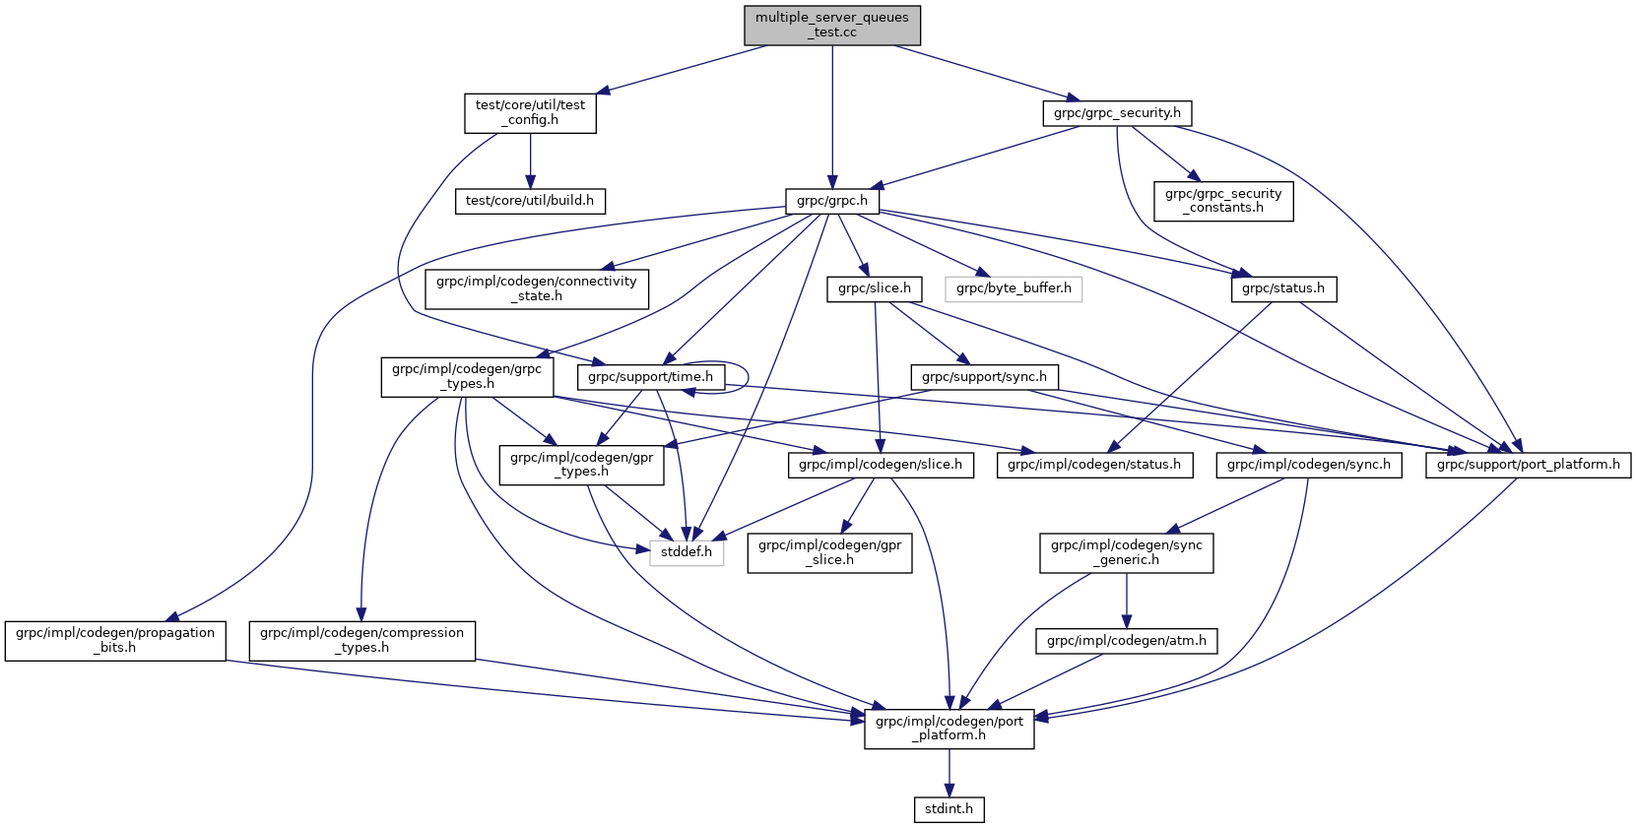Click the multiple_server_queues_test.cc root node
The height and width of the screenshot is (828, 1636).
click(832, 25)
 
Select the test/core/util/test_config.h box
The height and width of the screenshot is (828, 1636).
click(530, 112)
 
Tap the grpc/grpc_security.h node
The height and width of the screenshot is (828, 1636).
click(1117, 113)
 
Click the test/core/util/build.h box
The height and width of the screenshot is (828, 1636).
click(530, 201)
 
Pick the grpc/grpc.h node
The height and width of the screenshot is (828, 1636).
click(832, 201)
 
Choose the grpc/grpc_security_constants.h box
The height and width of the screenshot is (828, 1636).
click(1223, 201)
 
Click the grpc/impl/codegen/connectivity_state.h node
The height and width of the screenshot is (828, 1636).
click(537, 288)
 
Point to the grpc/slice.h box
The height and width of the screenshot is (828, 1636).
click(875, 288)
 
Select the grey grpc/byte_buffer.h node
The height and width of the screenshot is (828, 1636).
click(1014, 288)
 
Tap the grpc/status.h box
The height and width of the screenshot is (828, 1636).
click(1283, 288)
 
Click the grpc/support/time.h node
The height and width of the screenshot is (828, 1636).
click(650, 377)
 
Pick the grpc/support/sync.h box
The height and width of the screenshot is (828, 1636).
click(984, 377)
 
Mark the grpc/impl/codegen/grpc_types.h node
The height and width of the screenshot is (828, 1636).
click(467, 377)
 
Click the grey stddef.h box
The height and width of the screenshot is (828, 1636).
click(687, 552)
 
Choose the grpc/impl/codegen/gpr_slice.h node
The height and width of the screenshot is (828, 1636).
click(829, 552)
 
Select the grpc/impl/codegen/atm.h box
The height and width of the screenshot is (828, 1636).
click(1127, 641)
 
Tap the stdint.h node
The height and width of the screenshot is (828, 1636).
click(949, 809)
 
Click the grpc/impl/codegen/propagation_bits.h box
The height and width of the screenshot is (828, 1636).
click(115, 640)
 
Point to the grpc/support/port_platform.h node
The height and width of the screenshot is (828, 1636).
click(1528, 465)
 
